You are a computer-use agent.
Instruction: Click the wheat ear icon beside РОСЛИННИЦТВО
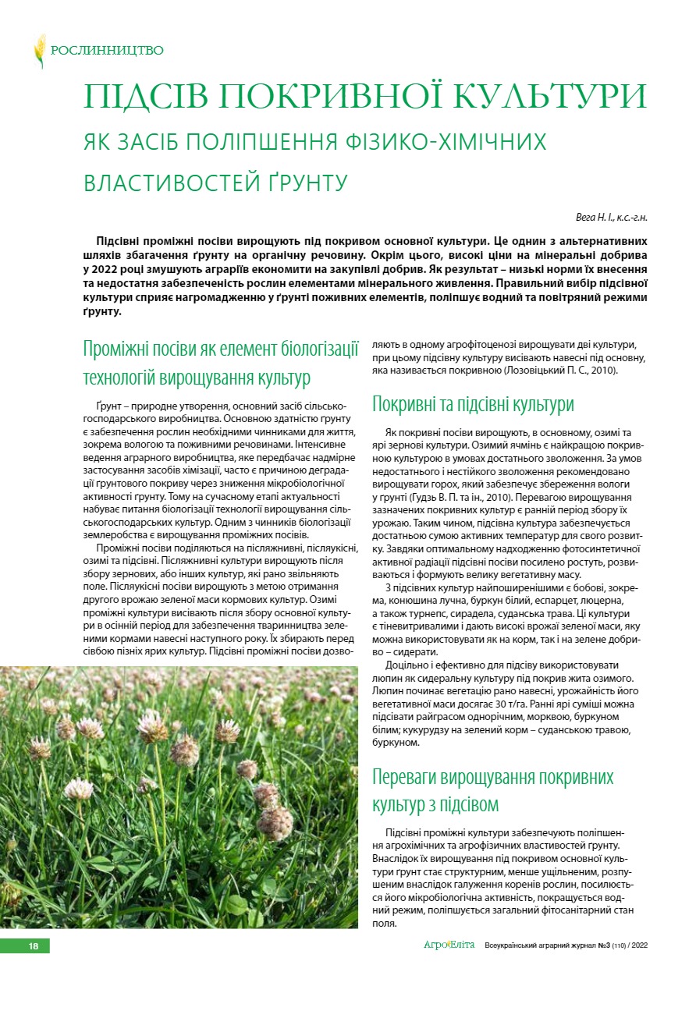point(39,51)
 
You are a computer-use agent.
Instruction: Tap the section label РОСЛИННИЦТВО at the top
point(107,51)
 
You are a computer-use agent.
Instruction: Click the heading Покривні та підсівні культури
point(473,404)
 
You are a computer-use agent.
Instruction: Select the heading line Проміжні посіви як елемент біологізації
point(221,348)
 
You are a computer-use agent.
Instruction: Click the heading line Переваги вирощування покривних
point(493,777)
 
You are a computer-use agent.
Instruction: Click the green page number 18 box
point(34,946)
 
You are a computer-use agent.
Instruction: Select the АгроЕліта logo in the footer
point(449,945)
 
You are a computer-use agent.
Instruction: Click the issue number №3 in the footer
point(602,946)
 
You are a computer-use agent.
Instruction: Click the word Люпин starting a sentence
point(389,690)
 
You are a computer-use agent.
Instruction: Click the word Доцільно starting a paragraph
point(408,665)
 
